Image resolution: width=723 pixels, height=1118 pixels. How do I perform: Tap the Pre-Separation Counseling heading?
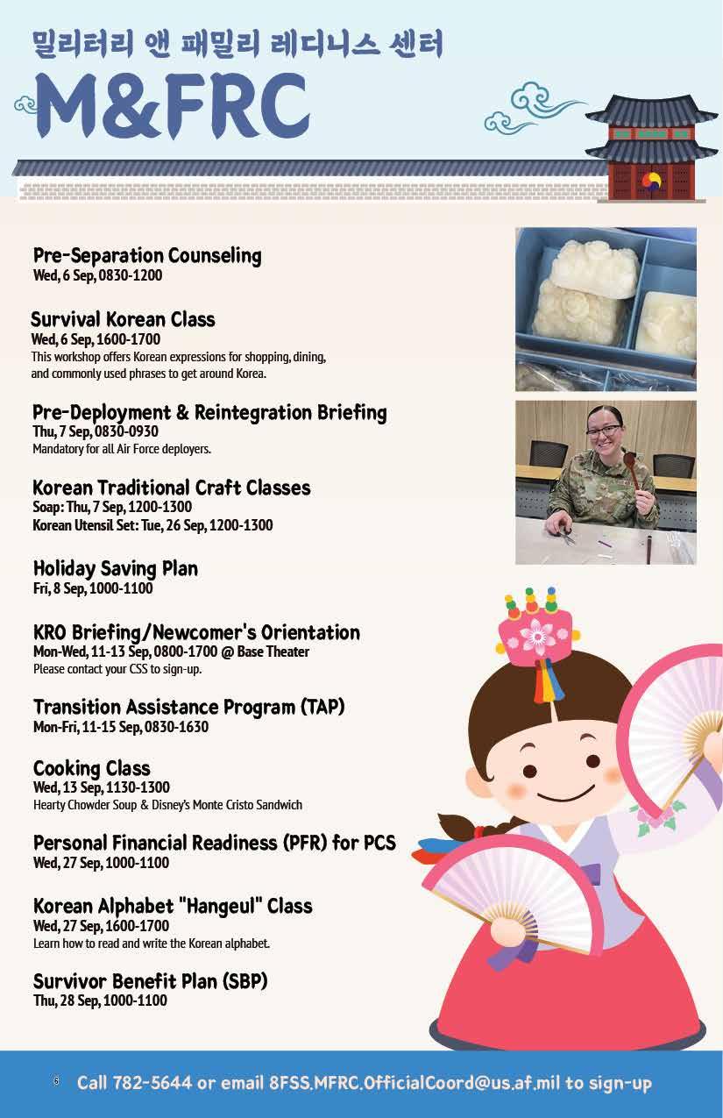[x=147, y=256]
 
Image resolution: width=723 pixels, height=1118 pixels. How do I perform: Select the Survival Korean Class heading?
[x=123, y=319]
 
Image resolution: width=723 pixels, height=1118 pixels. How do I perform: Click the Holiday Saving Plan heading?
[x=116, y=568]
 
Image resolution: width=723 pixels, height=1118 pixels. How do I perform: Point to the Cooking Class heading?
[x=92, y=768]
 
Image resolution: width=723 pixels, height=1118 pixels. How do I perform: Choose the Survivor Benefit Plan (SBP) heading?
[x=150, y=981]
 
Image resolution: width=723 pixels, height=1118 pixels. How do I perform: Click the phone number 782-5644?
[x=152, y=1083]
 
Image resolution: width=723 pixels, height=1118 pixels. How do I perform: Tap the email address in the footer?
[x=415, y=1083]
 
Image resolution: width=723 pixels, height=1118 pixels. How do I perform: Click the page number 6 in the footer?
[x=56, y=1081]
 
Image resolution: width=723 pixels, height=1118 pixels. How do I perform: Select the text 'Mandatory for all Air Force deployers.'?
[x=122, y=449]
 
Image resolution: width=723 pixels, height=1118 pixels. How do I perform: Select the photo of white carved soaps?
[x=606, y=309]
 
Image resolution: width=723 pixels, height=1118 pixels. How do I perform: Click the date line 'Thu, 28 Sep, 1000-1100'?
[x=100, y=1001]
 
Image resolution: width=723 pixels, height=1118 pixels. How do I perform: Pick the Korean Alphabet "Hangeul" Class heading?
[x=173, y=906]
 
